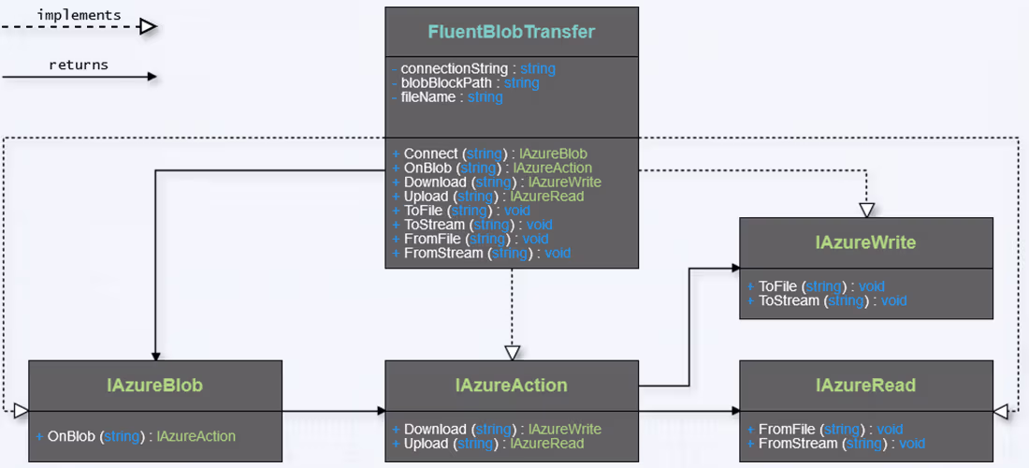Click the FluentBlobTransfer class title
point(512,32)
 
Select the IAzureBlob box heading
point(155,385)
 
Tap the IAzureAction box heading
point(512,385)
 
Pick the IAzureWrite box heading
point(865,242)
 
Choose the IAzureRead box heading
point(865,385)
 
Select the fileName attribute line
point(448,96)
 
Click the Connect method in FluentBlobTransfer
point(490,154)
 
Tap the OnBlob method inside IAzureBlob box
point(137,436)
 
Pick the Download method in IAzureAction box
point(497,429)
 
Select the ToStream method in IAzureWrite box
point(827,300)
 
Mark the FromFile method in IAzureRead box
point(824,429)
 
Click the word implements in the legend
point(80,15)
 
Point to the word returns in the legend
point(79,65)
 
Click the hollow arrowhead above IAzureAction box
point(512,353)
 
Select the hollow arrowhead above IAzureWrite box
point(866,210)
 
